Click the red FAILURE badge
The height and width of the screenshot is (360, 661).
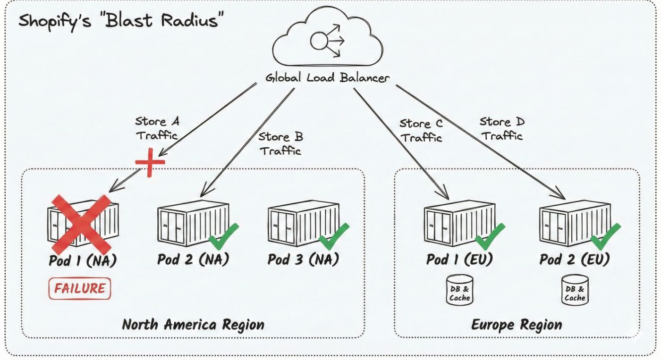coord(79,289)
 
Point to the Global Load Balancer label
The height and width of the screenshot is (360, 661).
coord(328,78)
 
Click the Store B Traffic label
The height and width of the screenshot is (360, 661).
coord(280,144)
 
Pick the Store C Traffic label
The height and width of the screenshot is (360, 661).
coord(421,130)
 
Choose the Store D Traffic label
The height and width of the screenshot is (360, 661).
coord(502,128)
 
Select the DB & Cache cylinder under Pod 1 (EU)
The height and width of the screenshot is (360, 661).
coord(459,289)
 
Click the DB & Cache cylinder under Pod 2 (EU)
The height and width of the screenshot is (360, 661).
coord(575,289)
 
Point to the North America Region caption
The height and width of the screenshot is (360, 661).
coord(193,325)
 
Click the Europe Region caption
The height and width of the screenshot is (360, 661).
coord(517,325)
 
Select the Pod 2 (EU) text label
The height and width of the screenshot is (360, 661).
coord(575,260)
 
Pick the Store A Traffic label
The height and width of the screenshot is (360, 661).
coord(157,128)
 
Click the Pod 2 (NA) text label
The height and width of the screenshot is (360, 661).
coord(193,260)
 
